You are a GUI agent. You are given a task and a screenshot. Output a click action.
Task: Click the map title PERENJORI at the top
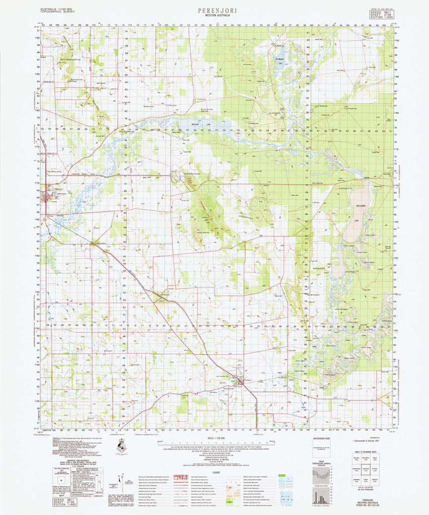tap(214, 10)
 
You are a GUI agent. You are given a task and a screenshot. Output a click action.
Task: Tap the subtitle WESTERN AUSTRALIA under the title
tap(214, 16)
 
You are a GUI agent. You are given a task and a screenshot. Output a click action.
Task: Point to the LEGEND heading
tap(216, 472)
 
